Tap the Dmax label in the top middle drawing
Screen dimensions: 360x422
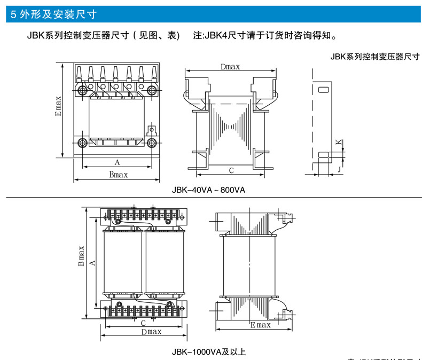coord(230,67)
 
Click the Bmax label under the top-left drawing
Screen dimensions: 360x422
coord(118,175)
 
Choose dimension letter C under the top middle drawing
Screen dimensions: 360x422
coord(231,170)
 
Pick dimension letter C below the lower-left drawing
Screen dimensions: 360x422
coord(143,323)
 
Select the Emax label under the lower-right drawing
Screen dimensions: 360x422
coord(260,325)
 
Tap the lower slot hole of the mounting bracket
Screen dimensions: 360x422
coord(324,155)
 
